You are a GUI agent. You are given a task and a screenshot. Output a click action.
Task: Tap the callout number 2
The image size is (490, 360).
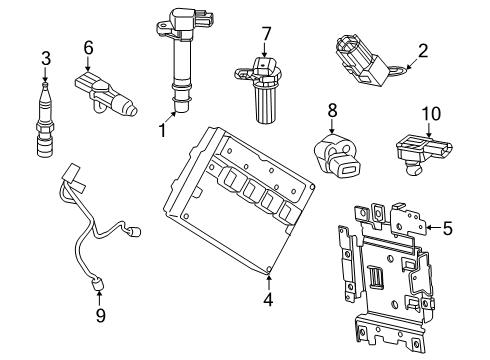tap(423, 49)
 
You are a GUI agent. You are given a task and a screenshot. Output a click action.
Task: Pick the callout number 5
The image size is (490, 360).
tap(446, 229)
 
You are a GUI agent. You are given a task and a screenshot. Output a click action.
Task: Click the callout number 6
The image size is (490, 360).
tap(88, 47)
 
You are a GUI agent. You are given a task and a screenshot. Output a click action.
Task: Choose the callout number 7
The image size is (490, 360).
tap(266, 35)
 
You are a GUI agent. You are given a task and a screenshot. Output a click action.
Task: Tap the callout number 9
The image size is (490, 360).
tap(98, 317)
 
